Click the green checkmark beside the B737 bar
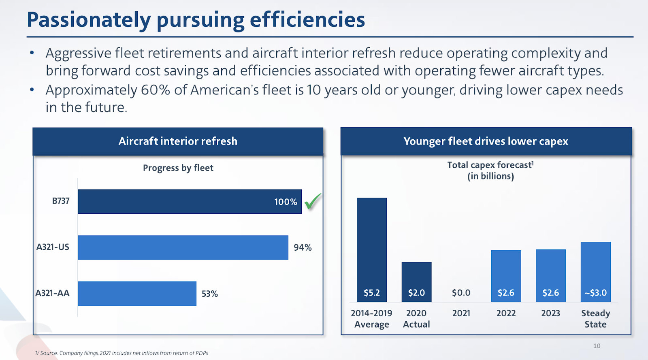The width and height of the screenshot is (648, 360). tap(313, 201)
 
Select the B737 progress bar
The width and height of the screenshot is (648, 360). tap(190, 202)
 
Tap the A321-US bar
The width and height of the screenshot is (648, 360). tap(183, 247)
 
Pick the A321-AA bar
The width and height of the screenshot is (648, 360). tap(137, 294)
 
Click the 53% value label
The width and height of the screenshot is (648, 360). tap(210, 294)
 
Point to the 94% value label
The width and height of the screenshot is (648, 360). tap(303, 247)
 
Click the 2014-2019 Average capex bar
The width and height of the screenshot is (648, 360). tap(372, 249)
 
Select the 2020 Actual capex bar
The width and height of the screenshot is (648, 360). tap(416, 281)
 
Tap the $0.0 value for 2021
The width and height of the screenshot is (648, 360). tap(461, 293)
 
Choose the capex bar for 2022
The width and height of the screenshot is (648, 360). tap(506, 276)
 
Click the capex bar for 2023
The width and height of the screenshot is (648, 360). tap(551, 275)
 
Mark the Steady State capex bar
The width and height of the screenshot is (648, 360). tap(595, 272)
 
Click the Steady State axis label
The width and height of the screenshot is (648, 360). tap(595, 319)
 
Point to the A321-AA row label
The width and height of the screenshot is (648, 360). tap(52, 293)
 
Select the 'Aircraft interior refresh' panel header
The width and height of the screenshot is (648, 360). tap(178, 141)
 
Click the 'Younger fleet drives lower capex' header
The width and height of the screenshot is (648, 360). tap(486, 141)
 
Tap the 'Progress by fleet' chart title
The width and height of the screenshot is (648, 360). tap(178, 168)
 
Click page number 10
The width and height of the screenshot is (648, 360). tap(597, 346)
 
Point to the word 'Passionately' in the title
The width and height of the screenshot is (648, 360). tap(89, 20)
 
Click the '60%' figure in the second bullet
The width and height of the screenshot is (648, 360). tap(155, 90)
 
